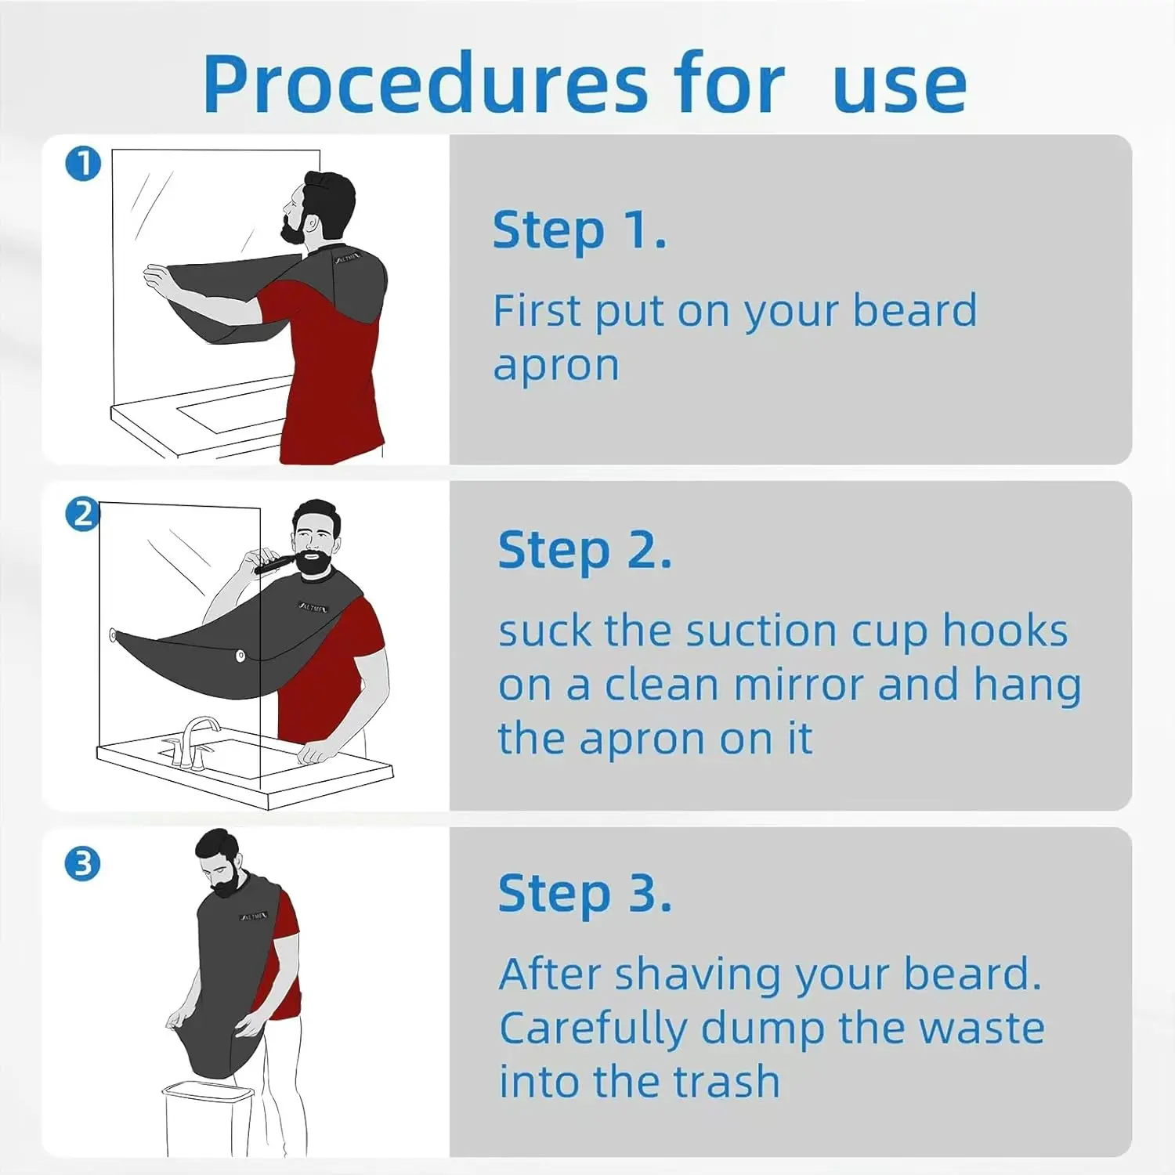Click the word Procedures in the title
pyautogui.click(x=425, y=85)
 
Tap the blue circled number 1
pyautogui.click(x=83, y=164)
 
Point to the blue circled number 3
pyautogui.click(x=83, y=864)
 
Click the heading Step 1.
pyautogui.click(x=580, y=230)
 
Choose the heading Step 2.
pyautogui.click(x=584, y=551)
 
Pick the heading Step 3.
pyautogui.click(x=584, y=894)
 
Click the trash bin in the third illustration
pyautogui.click(x=208, y=1118)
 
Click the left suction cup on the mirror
pyautogui.click(x=114, y=634)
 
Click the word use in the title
pyautogui.click(x=899, y=87)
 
